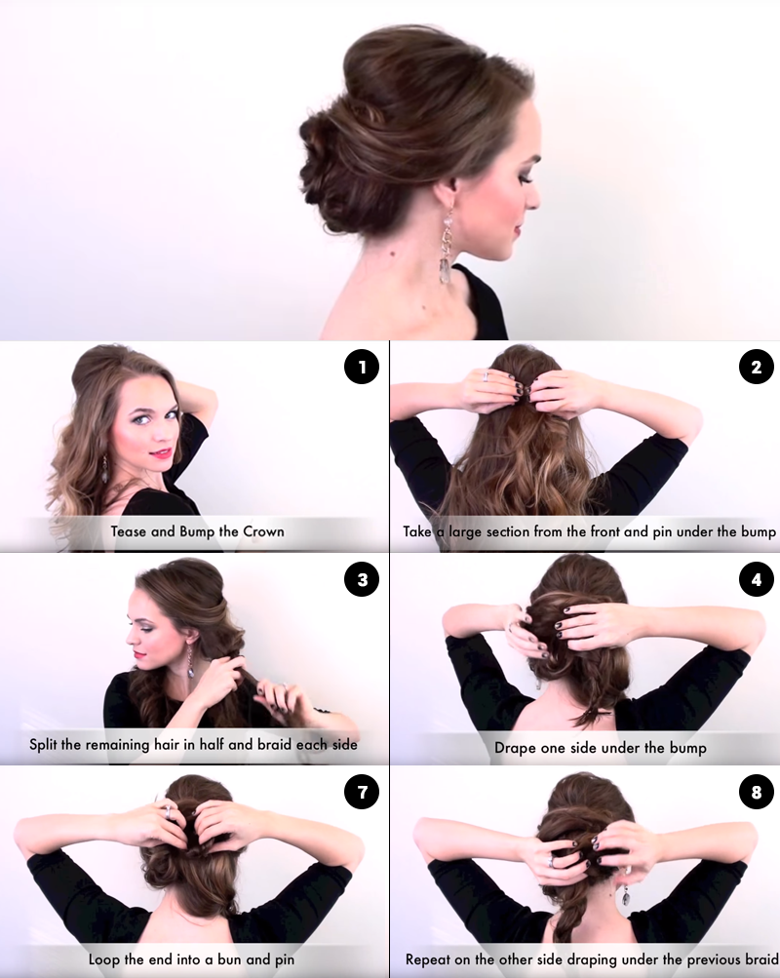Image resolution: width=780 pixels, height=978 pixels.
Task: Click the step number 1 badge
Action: pos(361,368)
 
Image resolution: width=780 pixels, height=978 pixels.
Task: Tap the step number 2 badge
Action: pos(756,368)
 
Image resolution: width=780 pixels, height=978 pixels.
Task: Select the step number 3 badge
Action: pos(361,580)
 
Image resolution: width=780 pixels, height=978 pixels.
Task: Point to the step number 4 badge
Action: pos(756,580)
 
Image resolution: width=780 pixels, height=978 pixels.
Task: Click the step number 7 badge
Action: pos(361,793)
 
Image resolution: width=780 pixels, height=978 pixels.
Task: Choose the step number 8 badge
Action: pos(756,793)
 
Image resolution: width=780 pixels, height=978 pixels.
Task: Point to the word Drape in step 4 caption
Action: pos(514,749)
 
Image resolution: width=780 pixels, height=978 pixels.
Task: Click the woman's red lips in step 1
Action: pos(161,453)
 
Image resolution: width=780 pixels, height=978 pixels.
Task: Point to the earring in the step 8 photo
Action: pos(625,892)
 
